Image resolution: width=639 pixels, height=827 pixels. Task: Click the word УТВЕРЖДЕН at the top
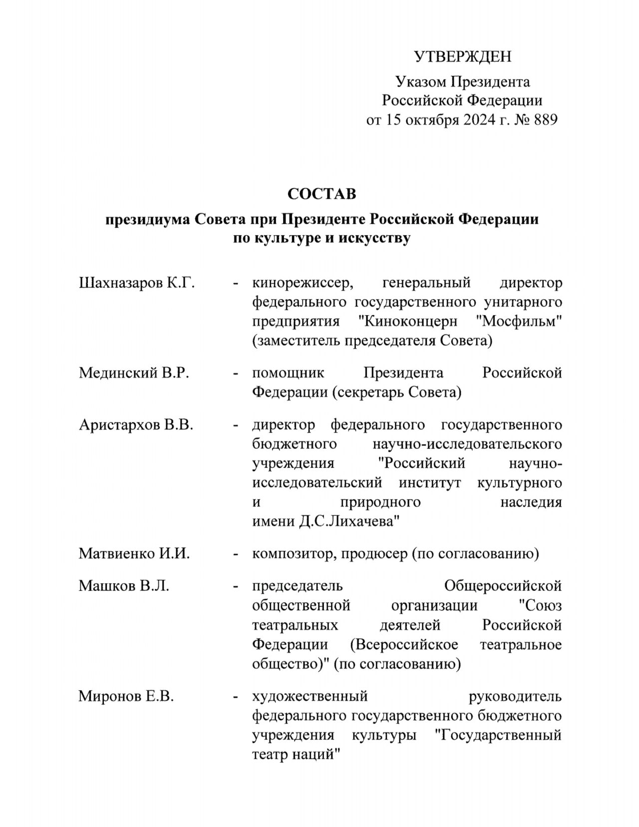tap(463, 56)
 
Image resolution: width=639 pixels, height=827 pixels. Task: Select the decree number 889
tap(545, 120)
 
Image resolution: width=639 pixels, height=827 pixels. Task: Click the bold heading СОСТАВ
tap(321, 193)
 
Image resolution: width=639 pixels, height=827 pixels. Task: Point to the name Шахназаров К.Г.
tap(137, 283)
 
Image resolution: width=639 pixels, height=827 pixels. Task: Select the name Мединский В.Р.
tap(134, 373)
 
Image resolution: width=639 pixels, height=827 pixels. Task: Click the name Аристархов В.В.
tap(136, 425)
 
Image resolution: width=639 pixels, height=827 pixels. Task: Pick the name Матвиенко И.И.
tap(134, 554)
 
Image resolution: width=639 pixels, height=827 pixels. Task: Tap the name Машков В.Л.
tap(124, 586)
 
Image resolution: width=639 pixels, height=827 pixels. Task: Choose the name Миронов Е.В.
tap(126, 696)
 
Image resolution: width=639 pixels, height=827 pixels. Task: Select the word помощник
tap(288, 373)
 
